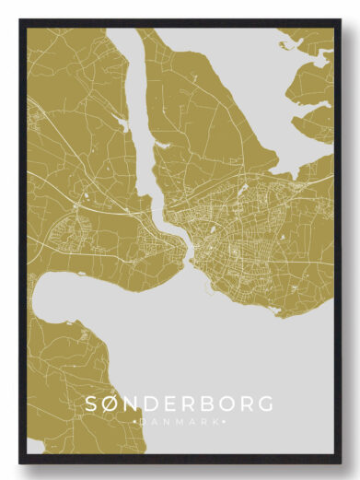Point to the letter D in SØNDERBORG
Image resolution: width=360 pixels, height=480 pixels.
pyautogui.click(x=156, y=404)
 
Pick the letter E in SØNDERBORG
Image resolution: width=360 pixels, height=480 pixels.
pyautogui.click(x=174, y=404)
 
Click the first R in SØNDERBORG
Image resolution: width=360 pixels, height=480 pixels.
pyautogui.click(x=192, y=404)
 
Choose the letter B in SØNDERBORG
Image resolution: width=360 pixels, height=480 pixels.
pyautogui.click(x=210, y=404)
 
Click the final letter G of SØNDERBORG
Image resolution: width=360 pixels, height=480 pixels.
pyautogui.click(x=268, y=404)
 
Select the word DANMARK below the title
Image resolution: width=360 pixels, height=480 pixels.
pyautogui.click(x=180, y=421)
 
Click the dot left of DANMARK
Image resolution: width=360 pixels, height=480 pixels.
pyautogui.click(x=136, y=421)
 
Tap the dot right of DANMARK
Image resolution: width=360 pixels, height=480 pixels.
pyautogui.click(x=225, y=421)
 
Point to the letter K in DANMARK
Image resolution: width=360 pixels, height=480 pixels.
pyautogui.click(x=217, y=421)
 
